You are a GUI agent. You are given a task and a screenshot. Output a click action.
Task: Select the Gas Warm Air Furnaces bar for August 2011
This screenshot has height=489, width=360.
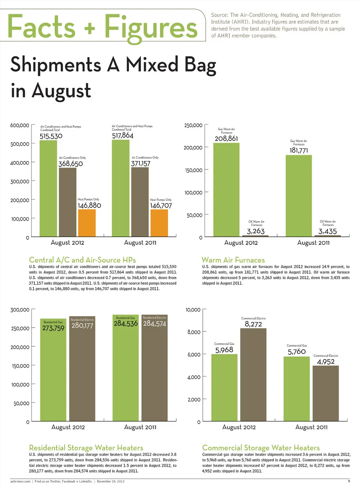click(298, 196)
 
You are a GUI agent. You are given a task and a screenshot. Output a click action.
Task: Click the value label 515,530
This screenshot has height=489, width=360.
click(51, 136)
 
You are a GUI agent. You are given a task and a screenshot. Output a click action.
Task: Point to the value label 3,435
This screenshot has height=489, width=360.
click(327, 231)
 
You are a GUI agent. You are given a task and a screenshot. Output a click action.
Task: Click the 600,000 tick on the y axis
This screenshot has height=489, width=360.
click(19, 125)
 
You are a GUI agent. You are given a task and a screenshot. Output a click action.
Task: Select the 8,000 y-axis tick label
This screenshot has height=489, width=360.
click(194, 332)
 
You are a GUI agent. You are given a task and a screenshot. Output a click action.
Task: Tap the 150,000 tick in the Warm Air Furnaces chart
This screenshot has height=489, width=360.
click(193, 170)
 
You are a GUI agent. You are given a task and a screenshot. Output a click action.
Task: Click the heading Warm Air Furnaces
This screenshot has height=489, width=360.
click(233, 260)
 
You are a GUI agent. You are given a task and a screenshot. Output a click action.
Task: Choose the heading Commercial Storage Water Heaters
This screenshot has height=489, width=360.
click(261, 448)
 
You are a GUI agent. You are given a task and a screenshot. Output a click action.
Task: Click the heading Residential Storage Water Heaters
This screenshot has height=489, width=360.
click(86, 448)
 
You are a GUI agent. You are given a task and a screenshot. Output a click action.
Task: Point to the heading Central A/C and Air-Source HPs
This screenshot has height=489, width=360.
click(82, 260)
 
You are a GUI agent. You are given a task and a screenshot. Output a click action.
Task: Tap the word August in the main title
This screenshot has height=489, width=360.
click(61, 91)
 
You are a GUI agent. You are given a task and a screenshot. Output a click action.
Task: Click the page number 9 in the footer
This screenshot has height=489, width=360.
click(349, 481)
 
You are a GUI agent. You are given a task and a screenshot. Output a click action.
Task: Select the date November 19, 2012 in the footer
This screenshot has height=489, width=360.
click(111, 481)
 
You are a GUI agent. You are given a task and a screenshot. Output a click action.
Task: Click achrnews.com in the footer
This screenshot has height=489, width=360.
click(20, 481)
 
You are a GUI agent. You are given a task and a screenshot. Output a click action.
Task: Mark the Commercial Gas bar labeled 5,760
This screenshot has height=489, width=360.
click(297, 388)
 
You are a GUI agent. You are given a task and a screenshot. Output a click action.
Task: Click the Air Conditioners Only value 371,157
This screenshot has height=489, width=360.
click(140, 164)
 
